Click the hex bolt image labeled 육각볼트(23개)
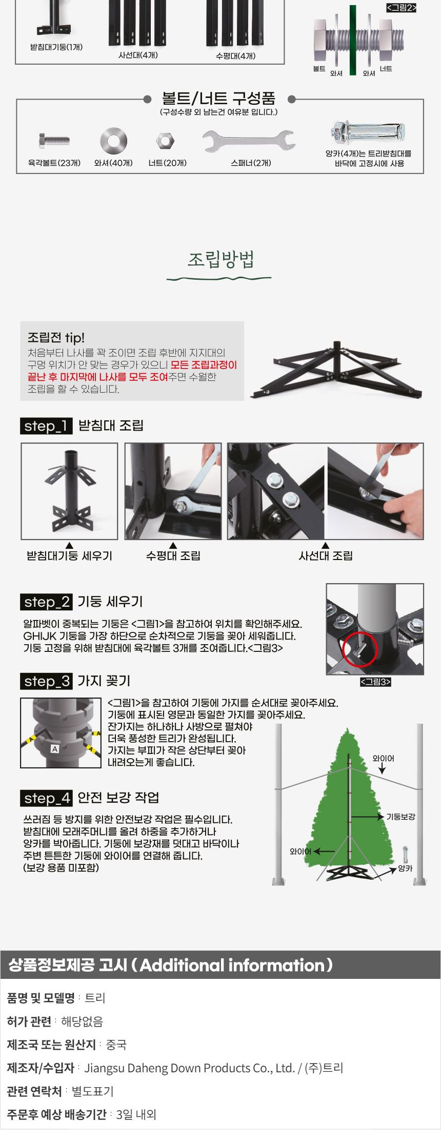tap(54, 140)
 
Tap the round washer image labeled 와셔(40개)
tap(113, 141)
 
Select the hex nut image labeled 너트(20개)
tap(165, 141)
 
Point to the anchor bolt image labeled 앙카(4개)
tap(368, 133)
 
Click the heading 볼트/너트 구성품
tap(219, 98)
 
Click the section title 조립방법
tap(221, 259)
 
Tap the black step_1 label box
tap(46, 426)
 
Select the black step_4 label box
tap(46, 798)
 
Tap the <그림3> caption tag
tap(375, 682)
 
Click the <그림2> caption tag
tap(401, 8)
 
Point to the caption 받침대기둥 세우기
tap(69, 556)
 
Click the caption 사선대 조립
tap(325, 556)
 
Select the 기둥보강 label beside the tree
tap(400, 817)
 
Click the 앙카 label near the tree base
tap(405, 869)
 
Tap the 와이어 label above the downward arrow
tap(383, 758)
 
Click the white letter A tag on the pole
tap(55, 749)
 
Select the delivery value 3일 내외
tap(136, 1114)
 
